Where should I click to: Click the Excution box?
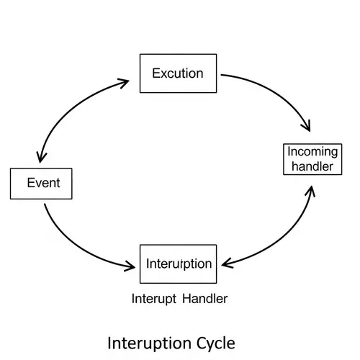(x=177, y=73)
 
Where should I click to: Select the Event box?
(x=43, y=183)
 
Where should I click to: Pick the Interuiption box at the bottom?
(x=178, y=264)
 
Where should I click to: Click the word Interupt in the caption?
(x=153, y=298)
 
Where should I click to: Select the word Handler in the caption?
(x=205, y=298)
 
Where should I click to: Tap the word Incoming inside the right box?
(x=311, y=152)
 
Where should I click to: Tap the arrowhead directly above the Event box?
(x=40, y=155)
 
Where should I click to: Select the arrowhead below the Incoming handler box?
(x=311, y=191)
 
